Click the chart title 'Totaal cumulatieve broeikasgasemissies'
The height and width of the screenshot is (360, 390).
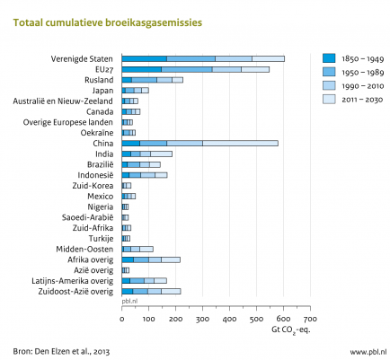point(108,22)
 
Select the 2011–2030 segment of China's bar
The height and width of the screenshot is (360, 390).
point(240,144)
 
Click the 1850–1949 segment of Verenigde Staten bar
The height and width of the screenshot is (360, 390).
point(145,58)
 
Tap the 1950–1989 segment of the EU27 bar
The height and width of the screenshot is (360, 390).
point(187,69)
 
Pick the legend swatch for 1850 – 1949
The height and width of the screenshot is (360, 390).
point(329,58)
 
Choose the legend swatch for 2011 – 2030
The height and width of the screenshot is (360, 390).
point(329,100)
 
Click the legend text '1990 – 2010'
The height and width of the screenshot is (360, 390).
point(363,86)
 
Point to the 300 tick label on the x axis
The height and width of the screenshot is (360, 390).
point(202,319)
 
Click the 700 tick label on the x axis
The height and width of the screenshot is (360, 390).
point(310,319)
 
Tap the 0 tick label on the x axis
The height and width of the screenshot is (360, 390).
point(122,319)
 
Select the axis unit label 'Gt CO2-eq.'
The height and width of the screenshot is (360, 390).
point(291,330)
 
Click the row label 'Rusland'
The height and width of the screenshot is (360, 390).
point(99,80)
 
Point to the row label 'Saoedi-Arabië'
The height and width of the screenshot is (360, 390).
point(87,217)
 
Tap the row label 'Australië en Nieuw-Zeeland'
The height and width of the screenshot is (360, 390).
point(63,101)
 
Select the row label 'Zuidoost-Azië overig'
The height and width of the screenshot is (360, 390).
point(75,292)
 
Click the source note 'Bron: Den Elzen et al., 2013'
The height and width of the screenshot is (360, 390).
point(61,351)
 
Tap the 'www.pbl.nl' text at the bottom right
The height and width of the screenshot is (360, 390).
point(368,351)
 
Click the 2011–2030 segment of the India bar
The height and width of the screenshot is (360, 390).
point(161,154)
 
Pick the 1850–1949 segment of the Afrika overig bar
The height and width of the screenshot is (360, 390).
point(128,259)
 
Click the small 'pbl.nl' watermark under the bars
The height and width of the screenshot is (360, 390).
point(129,301)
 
